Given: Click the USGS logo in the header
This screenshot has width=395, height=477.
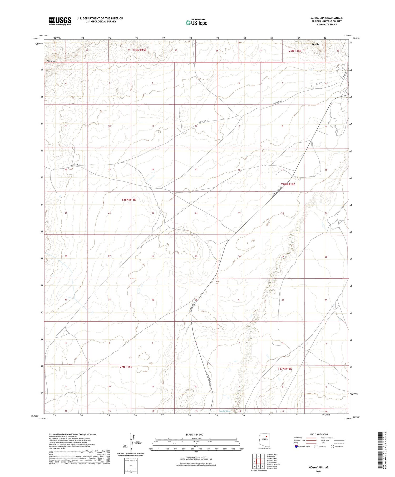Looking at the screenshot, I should coord(60,21).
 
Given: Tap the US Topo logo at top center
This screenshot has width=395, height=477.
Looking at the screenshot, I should coord(196,23).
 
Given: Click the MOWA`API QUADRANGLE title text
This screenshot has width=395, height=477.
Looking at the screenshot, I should coord(326,18).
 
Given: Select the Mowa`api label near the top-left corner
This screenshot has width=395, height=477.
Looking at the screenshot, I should coord(52,61).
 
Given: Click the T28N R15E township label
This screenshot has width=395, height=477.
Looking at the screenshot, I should coord(129,200).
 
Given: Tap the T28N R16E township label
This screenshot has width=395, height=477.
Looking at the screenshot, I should coord(288,184).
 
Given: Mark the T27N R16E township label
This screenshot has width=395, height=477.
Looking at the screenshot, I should coord(285,369).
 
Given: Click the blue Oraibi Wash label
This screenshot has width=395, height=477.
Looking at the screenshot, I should coord(225,411).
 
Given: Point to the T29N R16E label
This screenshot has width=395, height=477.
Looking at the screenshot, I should coord(294,51).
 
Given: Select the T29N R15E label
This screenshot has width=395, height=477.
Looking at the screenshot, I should coord(139,50).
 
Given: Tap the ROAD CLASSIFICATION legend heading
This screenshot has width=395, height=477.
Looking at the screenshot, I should coord(318,434).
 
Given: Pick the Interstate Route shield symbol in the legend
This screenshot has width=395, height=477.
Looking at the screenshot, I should coord(296,446).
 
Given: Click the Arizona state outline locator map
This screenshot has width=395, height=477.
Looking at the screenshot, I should coord(264,440).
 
